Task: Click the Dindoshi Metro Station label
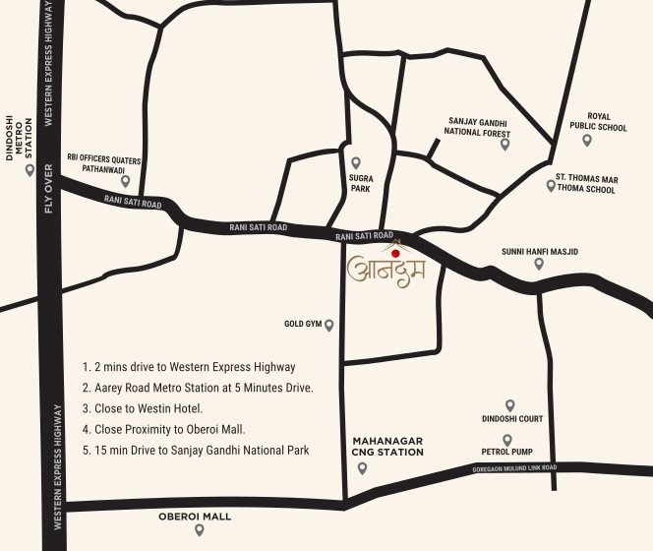click(29, 134)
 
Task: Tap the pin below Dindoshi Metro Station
click(30, 169)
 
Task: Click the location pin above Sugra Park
click(356, 162)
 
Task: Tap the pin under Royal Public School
click(587, 140)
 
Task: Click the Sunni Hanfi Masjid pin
click(539, 263)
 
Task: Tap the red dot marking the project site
click(395, 253)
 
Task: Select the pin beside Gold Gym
click(329, 325)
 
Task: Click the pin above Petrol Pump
click(507, 440)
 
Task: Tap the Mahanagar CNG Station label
click(387, 447)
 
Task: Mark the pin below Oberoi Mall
click(199, 529)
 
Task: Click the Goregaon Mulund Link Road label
click(515, 468)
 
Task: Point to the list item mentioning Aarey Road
click(198, 388)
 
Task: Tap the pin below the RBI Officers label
click(125, 181)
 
